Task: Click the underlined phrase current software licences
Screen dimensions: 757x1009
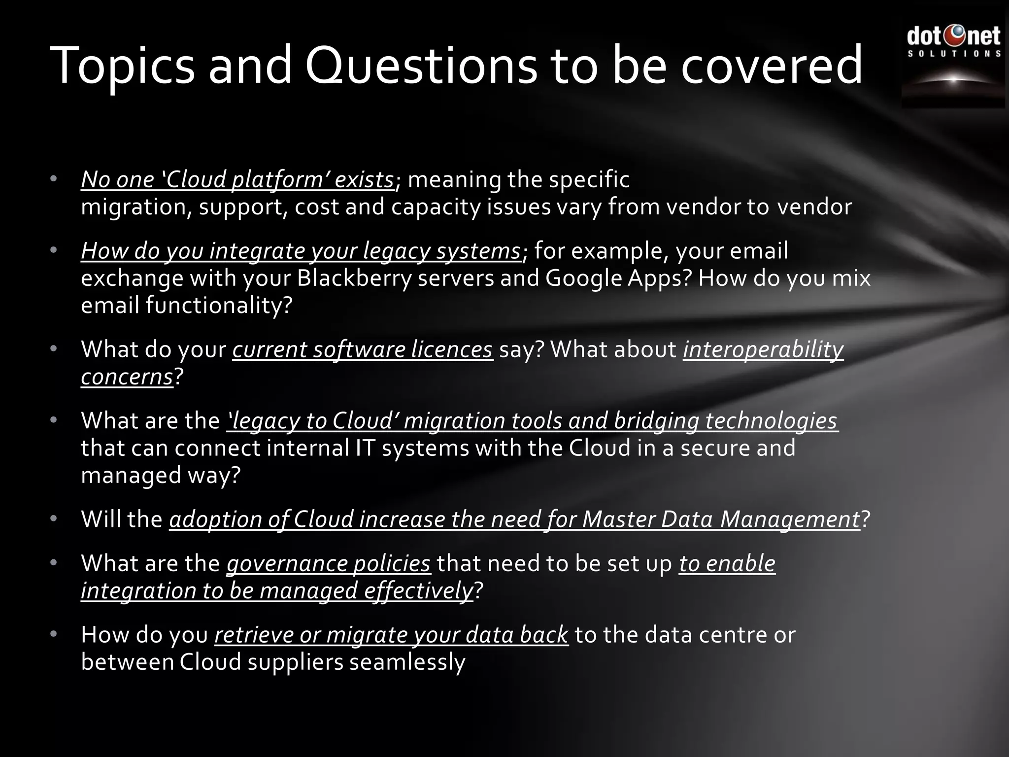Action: coord(363,349)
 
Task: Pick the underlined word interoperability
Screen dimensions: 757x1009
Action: coord(763,349)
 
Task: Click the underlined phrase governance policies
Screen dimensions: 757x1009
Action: coord(329,563)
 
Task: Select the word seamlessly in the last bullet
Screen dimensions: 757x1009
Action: coord(407,662)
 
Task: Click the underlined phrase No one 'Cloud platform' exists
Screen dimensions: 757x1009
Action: coord(237,179)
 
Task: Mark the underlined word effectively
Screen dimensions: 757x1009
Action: coord(418,591)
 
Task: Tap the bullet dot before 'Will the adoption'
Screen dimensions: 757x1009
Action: coord(54,518)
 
